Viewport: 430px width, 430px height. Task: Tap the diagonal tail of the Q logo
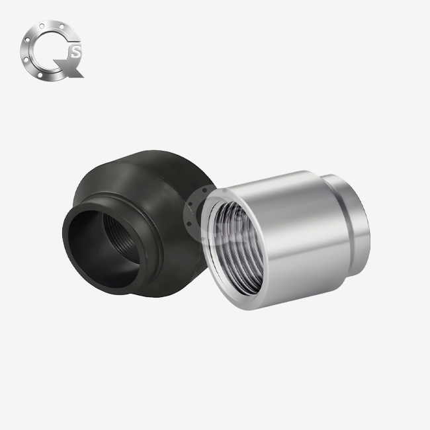click(x=71, y=69)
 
